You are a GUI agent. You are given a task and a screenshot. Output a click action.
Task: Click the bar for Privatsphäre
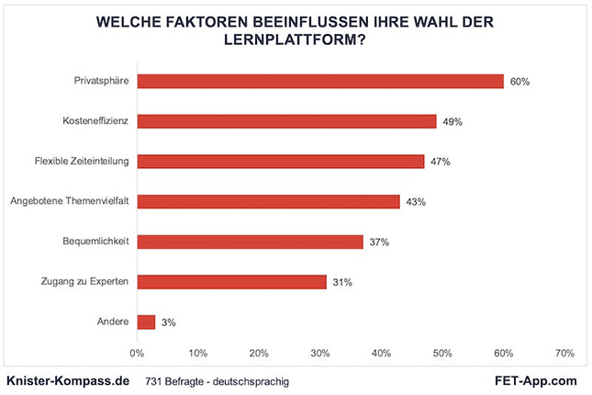tap(320, 81)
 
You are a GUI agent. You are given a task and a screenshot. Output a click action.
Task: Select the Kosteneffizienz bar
tap(286, 121)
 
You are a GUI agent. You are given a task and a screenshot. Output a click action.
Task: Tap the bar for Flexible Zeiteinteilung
tap(280, 162)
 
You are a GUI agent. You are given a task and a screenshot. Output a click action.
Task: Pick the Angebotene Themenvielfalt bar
tap(268, 201)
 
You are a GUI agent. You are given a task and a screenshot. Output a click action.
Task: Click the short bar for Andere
tap(146, 322)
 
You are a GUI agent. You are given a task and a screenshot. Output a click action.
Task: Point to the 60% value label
tap(519, 82)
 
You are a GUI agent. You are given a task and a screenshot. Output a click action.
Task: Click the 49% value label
tap(452, 121)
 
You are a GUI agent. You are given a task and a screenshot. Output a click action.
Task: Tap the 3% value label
tap(168, 322)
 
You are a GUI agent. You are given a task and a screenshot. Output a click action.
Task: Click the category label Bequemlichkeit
tap(95, 242)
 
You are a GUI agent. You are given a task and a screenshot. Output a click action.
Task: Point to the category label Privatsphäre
tap(101, 81)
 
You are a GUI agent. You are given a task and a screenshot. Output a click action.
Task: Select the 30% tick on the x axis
tap(320, 353)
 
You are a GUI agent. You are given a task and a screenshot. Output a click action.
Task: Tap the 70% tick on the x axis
tap(564, 353)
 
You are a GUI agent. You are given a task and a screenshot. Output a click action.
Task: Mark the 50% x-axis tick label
tap(442, 353)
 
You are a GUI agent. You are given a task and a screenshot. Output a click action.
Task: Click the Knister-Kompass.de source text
tap(66, 379)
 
